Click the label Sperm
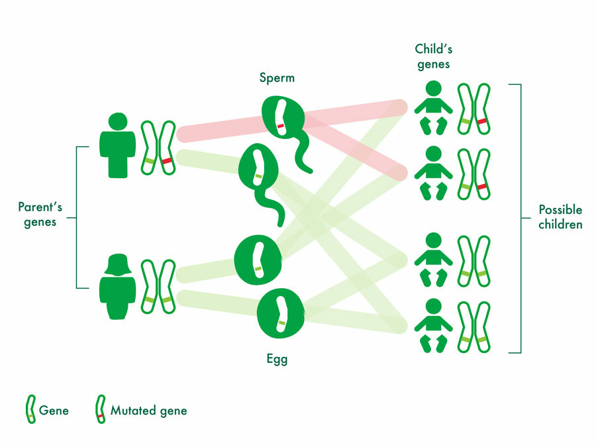click(277, 79)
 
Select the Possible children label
click(560, 217)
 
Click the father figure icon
click(117, 145)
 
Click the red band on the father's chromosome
click(167, 161)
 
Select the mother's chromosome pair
click(158, 286)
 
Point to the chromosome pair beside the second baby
click(474, 173)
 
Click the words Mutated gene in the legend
click(148, 411)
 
